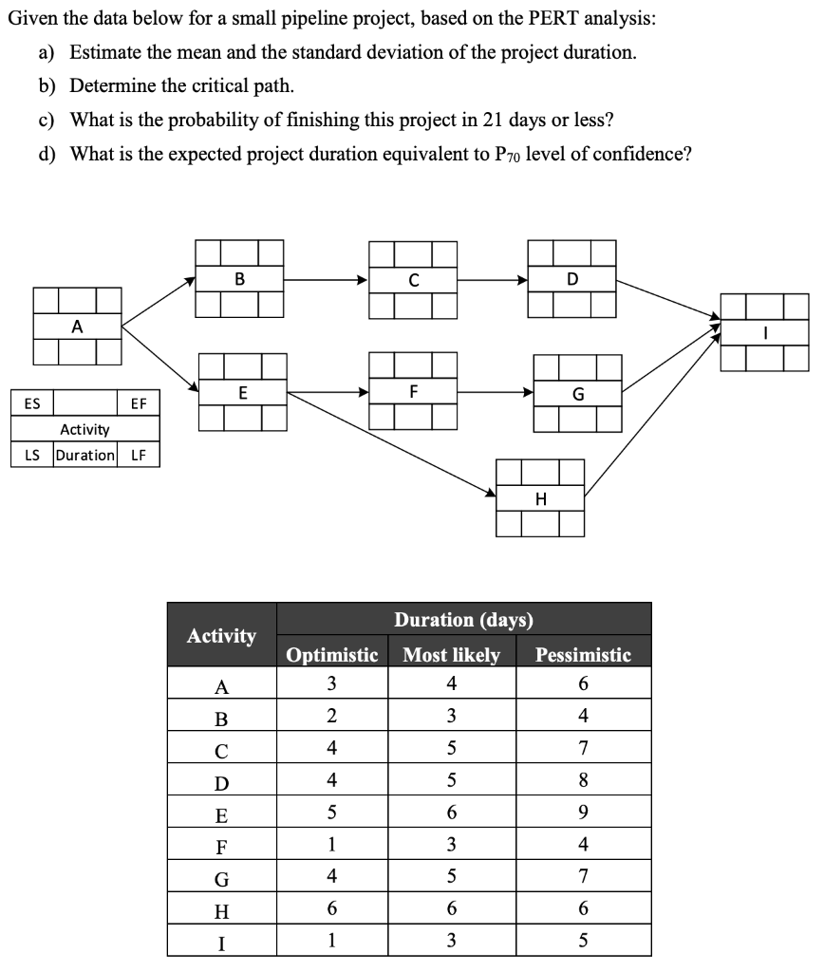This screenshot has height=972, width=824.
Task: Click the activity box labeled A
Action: pyautogui.click(x=77, y=326)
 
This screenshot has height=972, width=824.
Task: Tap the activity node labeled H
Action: pyautogui.click(x=540, y=498)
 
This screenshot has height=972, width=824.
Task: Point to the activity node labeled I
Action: pyautogui.click(x=764, y=332)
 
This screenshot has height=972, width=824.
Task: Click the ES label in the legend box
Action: pyautogui.click(x=32, y=403)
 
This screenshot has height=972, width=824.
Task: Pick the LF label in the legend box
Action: pyautogui.click(x=139, y=455)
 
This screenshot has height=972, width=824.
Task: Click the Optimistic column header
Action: pyautogui.click(x=332, y=655)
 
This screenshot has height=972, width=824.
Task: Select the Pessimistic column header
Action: pyautogui.click(x=583, y=655)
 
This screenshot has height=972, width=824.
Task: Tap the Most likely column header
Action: pyautogui.click(x=452, y=655)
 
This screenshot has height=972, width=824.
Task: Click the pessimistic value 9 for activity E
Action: pyautogui.click(x=583, y=813)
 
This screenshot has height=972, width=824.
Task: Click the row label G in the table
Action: pyautogui.click(x=221, y=876)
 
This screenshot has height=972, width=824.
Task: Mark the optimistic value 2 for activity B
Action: pyautogui.click(x=332, y=716)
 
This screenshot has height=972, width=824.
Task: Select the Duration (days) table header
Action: pyautogui.click(x=463, y=620)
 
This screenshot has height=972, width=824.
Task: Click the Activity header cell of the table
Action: pyautogui.click(x=221, y=635)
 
